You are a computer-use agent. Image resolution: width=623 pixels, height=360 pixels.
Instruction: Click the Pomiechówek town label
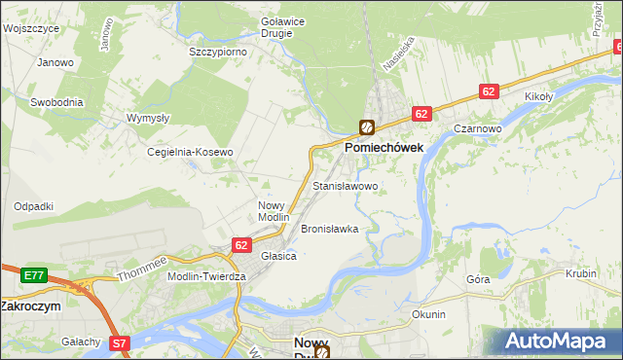(x=383, y=149)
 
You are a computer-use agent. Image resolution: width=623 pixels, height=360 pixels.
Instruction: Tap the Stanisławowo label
(x=346, y=185)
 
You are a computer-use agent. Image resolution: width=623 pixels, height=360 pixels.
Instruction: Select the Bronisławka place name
(x=329, y=229)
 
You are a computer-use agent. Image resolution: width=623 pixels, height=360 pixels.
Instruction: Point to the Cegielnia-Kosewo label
(x=190, y=153)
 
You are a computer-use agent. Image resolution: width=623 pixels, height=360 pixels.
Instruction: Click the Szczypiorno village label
(x=218, y=52)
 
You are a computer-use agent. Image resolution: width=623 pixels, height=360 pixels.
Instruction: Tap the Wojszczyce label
(x=31, y=28)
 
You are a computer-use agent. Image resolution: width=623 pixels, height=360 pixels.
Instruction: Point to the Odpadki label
(x=33, y=206)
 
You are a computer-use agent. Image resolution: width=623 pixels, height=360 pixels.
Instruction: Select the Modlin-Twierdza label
(x=207, y=276)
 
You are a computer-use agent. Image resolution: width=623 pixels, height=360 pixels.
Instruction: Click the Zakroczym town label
(x=30, y=305)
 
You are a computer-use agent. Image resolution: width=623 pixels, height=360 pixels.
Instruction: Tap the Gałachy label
(x=81, y=342)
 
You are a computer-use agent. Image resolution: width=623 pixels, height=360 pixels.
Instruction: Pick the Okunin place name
(x=428, y=314)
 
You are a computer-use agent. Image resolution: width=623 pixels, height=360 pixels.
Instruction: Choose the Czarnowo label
(x=477, y=128)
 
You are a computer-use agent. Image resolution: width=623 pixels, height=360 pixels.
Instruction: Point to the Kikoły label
(x=538, y=97)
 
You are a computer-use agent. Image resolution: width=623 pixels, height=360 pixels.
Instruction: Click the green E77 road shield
(x=34, y=276)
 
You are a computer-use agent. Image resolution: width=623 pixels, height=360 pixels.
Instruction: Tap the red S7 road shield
(x=119, y=342)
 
